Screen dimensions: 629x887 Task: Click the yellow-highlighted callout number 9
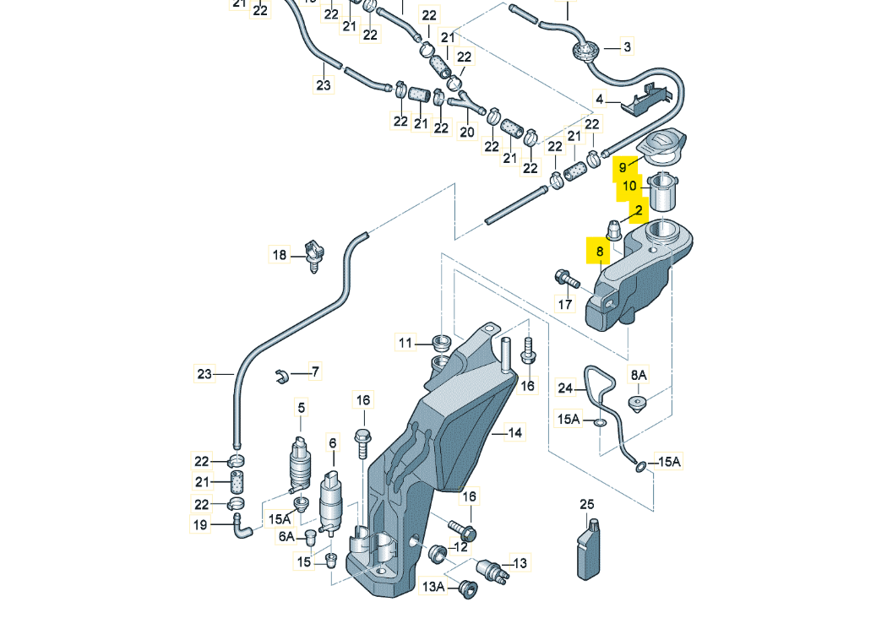[622, 167]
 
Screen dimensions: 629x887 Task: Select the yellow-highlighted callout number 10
[630, 186]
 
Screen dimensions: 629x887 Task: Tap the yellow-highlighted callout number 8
[599, 252]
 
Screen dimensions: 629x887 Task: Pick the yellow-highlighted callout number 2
[639, 210]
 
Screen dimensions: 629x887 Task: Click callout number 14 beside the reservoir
[514, 433]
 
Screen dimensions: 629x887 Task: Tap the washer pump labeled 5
[299, 463]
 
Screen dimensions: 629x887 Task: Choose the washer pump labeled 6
[333, 505]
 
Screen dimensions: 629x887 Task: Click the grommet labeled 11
[440, 342]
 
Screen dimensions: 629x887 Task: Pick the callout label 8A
[638, 374]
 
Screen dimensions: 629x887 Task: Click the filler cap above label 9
[662, 144]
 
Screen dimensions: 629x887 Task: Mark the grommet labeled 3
[582, 52]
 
